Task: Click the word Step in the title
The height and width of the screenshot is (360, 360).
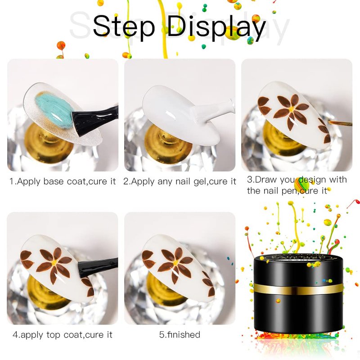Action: pyautogui.click(x=124, y=27)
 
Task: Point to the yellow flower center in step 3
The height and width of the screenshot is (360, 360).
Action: pyautogui.click(x=291, y=109)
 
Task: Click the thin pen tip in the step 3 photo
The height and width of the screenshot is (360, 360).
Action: pyautogui.click(x=340, y=123)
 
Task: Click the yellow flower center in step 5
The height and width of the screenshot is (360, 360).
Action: pyautogui.click(x=175, y=263)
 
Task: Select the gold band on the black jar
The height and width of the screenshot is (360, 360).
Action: pyautogui.click(x=298, y=289)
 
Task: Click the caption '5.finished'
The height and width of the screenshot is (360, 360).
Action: pyautogui.click(x=180, y=334)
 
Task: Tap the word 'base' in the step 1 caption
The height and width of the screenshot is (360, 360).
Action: pyautogui.click(x=54, y=181)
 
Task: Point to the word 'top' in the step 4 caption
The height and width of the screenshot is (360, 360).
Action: pyautogui.click(x=54, y=335)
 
